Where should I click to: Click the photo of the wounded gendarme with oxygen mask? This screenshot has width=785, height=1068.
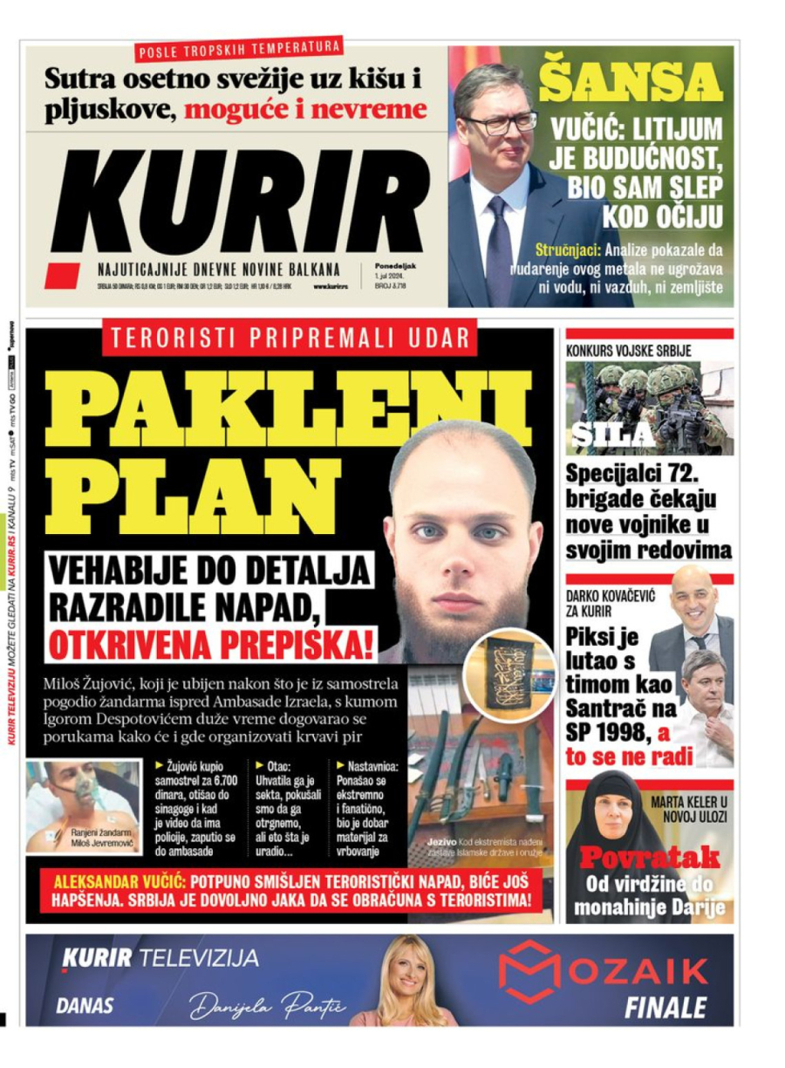[83, 804]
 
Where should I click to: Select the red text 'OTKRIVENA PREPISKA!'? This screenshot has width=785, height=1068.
[210, 645]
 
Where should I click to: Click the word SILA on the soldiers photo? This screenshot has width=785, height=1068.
[613, 435]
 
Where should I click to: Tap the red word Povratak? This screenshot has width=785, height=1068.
[649, 855]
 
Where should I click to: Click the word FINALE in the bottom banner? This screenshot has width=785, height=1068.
[665, 1009]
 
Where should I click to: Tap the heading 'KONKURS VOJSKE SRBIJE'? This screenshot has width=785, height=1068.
[628, 351]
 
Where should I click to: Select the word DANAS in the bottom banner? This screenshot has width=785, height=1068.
[85, 1006]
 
